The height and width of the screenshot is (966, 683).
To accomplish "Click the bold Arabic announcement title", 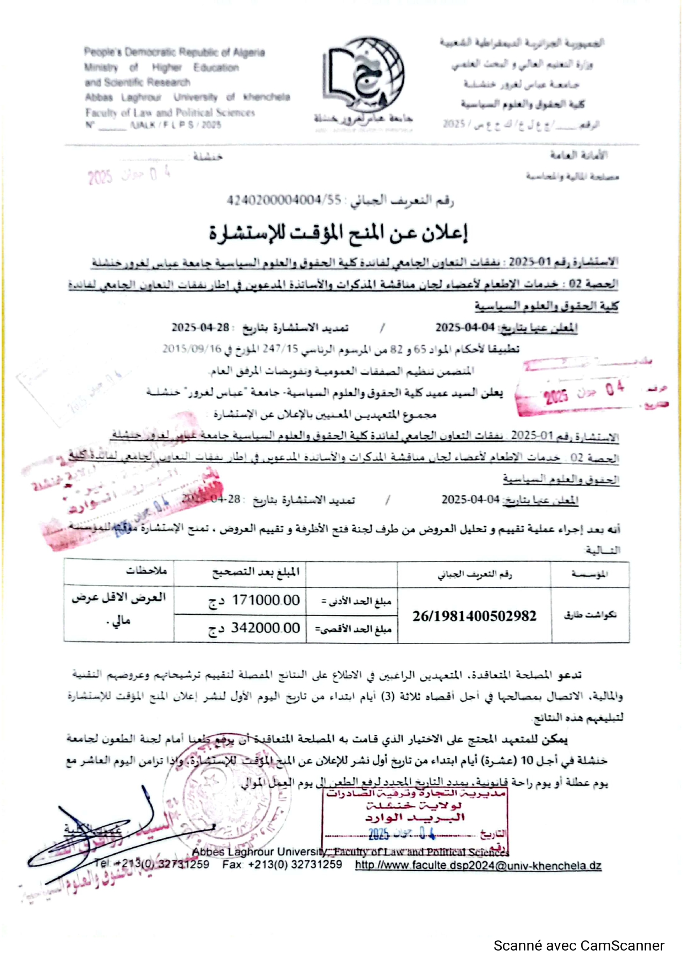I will point(338,232).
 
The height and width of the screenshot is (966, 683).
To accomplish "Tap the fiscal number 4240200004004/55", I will point(284,200).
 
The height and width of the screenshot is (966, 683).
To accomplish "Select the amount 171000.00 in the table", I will point(266,600).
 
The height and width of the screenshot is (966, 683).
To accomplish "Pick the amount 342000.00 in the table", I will point(266,628).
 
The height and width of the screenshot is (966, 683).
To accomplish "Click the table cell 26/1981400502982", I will point(474,616).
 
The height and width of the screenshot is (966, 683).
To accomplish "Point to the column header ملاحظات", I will point(147,571).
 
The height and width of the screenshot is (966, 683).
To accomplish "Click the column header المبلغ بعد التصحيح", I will point(256,572).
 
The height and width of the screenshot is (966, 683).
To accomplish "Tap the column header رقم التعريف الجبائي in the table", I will point(475,575).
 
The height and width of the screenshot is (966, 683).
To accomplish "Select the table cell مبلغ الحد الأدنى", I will point(356,601).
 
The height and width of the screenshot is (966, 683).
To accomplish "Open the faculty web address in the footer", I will point(478,865).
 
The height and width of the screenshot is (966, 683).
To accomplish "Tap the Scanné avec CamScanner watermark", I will point(578,946).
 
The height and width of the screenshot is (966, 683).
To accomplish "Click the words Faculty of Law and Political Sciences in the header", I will point(170,113).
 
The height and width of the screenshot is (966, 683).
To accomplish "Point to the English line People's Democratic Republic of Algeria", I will point(174,52).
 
